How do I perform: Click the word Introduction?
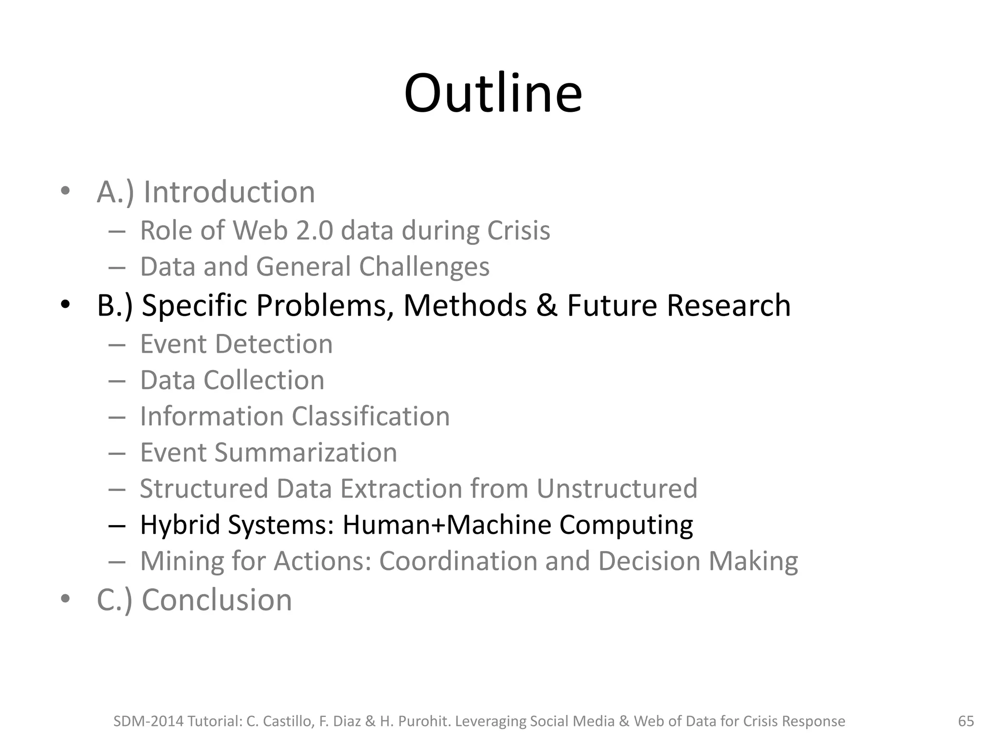pyautogui.click(x=229, y=192)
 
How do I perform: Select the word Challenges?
pyautogui.click(x=424, y=267)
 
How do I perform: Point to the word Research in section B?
pyautogui.click(x=728, y=305)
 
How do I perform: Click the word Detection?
pyautogui.click(x=274, y=344)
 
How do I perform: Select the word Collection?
pyautogui.click(x=264, y=380)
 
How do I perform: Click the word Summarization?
pyautogui.click(x=306, y=452)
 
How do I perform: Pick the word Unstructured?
pyautogui.click(x=617, y=489)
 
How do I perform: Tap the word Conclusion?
pyautogui.click(x=217, y=600)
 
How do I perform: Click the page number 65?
pyautogui.click(x=966, y=721)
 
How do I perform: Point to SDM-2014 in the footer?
pyautogui.click(x=147, y=721)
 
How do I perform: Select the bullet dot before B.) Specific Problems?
pyautogui.click(x=66, y=305)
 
